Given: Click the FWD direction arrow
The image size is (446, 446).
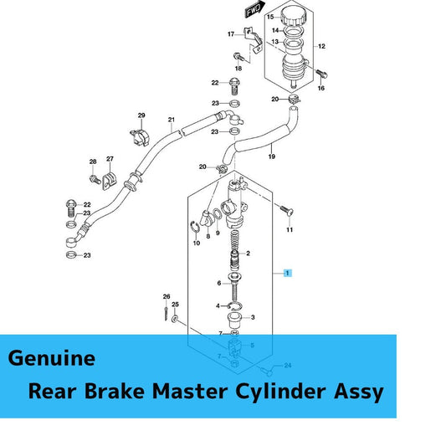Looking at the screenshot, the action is click(x=255, y=9).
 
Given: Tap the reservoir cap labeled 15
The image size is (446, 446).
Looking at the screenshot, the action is click(x=294, y=17).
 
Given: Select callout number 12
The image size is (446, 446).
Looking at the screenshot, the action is click(x=321, y=46).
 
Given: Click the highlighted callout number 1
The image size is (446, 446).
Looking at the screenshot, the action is click(x=288, y=273).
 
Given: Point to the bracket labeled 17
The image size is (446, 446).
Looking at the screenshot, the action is click(x=254, y=39).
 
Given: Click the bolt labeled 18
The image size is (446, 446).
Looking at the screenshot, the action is click(x=238, y=57).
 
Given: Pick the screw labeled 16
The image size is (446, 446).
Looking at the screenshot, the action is click(x=321, y=74).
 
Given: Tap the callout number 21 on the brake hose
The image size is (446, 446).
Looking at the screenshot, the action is click(x=172, y=120).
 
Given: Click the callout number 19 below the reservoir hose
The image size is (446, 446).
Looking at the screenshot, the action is click(x=272, y=156).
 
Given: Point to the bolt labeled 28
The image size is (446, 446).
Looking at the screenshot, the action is click(x=95, y=179).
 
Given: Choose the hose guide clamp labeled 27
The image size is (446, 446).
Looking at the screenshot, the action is click(x=110, y=181).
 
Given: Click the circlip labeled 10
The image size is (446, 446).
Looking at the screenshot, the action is click(x=194, y=228).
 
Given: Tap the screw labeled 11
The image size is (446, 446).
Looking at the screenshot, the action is click(x=286, y=211).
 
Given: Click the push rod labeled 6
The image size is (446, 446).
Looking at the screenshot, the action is click(x=235, y=287).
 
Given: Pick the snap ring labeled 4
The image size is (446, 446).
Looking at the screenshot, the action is click(x=236, y=306).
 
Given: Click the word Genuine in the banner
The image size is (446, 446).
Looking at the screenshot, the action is click(x=52, y=358).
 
